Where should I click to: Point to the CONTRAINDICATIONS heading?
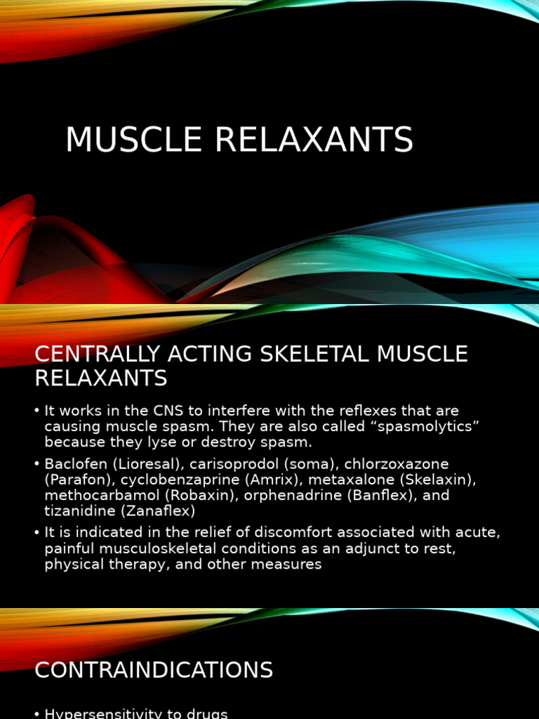pos(154,670)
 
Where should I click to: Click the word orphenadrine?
pos(283,495)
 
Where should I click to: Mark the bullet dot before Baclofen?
pos(37,464)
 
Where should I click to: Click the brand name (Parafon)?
pos(74,480)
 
